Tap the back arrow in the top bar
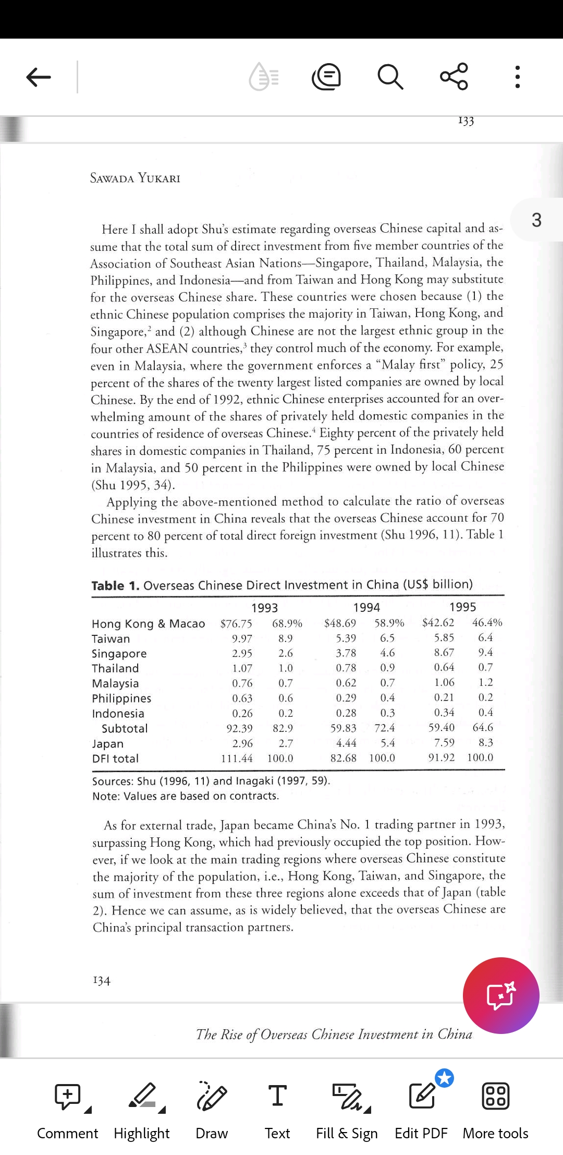39,77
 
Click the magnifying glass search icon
390,77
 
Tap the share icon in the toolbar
454,77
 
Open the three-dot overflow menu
517,77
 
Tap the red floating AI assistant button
501,995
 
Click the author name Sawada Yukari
135,178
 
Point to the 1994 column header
366,607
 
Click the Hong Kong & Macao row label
149,624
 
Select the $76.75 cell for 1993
236,624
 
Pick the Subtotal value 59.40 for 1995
442,727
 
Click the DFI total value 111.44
237,758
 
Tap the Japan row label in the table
108,743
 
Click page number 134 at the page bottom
102,981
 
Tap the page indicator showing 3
536,220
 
